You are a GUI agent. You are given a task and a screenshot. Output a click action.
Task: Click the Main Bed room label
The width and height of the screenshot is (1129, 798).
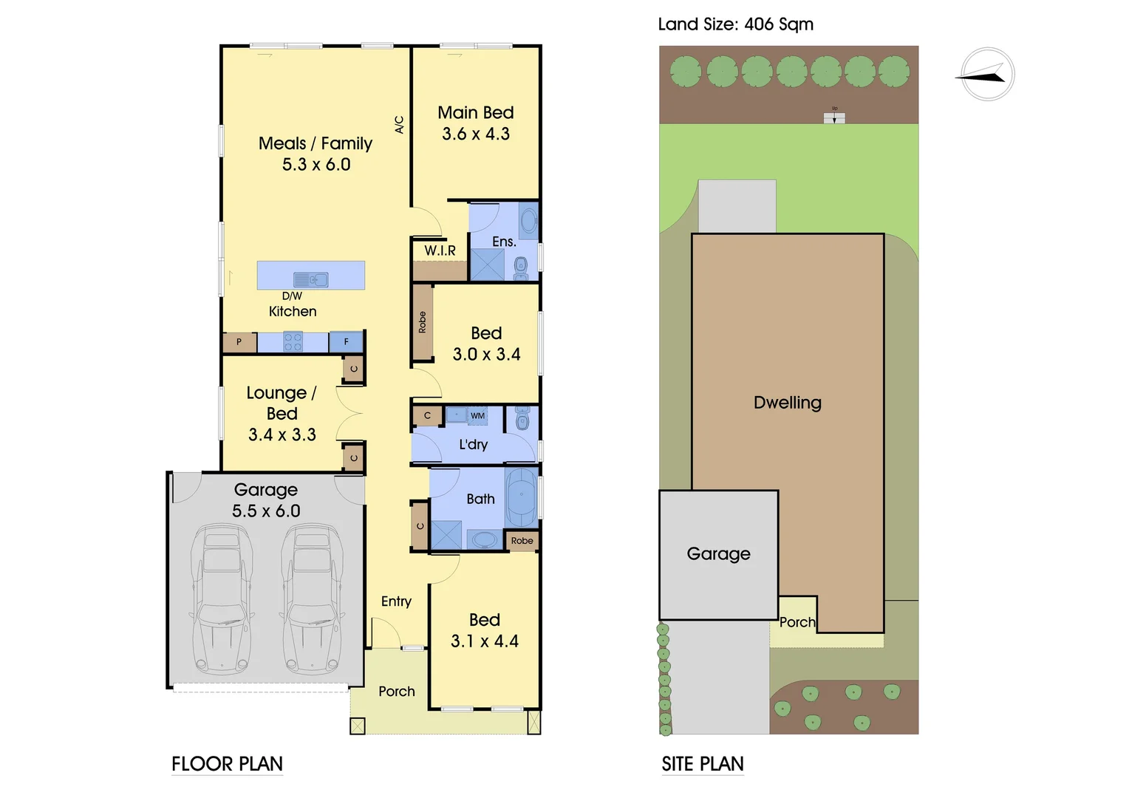[475, 113]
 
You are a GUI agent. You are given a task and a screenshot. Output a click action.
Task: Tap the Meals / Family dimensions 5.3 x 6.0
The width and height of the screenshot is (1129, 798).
[316, 165]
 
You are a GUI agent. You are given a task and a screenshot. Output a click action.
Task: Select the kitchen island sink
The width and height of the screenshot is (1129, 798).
[310, 279]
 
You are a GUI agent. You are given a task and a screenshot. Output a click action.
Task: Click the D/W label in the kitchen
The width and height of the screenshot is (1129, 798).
[292, 296]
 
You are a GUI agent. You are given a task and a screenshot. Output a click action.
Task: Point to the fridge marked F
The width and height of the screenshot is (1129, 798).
[346, 342]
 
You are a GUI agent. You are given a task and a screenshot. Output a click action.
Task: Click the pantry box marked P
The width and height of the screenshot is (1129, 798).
[239, 342]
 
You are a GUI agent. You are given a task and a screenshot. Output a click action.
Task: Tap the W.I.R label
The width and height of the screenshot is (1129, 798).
[440, 250]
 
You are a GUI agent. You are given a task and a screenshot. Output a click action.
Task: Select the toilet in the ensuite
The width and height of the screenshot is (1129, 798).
[521, 266]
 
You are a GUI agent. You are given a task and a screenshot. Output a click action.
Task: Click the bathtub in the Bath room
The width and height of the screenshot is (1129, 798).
[522, 497]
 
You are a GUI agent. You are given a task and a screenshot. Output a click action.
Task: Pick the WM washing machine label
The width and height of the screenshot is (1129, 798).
[478, 416]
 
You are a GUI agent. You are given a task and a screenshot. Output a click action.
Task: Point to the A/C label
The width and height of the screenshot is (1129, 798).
[400, 124]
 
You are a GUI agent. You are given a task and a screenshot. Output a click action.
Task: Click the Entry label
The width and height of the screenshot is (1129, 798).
[396, 601]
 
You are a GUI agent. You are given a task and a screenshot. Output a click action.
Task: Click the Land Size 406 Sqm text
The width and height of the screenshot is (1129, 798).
[735, 24]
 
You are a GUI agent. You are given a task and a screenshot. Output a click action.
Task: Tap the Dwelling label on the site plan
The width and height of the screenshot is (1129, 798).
[787, 403]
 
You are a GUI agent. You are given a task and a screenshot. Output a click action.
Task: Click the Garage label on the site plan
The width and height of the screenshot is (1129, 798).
[718, 553]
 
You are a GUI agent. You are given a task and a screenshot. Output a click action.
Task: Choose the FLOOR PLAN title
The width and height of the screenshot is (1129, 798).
[227, 764]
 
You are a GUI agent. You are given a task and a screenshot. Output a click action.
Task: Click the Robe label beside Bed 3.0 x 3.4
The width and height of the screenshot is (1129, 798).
[422, 323]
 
